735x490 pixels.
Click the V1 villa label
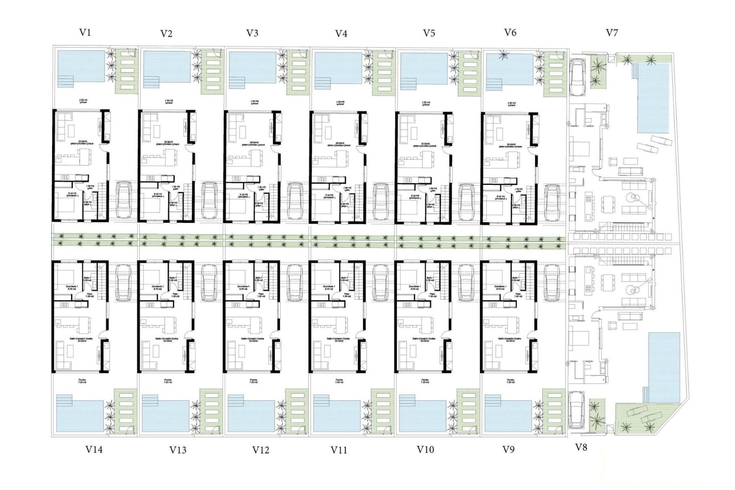point(85,33)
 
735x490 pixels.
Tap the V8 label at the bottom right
point(581,447)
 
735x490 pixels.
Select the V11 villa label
point(339,450)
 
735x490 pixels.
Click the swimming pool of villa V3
point(252,68)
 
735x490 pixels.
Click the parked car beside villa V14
point(123,283)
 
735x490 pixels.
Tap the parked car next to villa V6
point(551,201)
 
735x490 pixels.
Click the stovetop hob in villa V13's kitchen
point(151,305)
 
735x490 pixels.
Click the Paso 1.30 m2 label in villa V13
point(175,295)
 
